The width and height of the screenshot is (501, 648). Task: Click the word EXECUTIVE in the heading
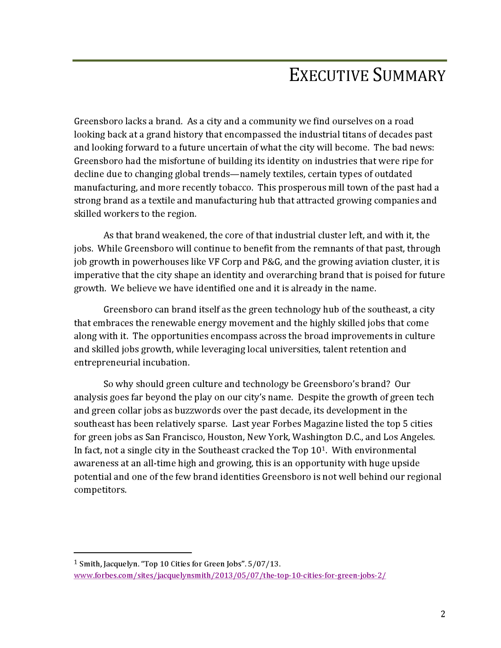click(x=329, y=75)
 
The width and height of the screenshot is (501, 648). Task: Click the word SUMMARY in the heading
click(x=409, y=75)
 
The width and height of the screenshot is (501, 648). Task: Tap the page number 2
click(x=443, y=614)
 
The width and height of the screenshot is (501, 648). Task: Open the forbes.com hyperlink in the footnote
click(x=229, y=575)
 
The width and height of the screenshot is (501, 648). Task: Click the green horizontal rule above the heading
click(x=259, y=60)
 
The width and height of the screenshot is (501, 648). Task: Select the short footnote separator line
click(x=133, y=552)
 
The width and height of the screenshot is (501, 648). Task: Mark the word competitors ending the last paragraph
click(x=100, y=490)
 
